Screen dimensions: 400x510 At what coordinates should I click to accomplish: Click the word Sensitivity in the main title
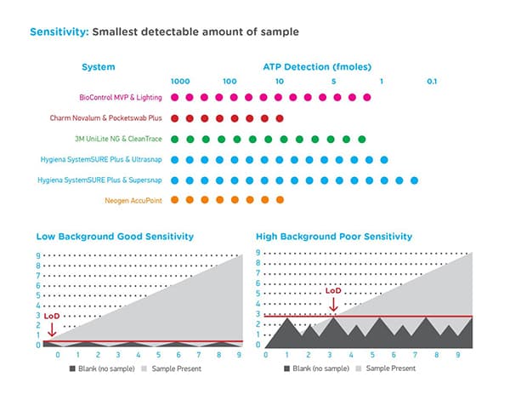58,32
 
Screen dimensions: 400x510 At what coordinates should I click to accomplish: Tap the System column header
99,66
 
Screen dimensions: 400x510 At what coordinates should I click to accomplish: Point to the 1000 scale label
179,81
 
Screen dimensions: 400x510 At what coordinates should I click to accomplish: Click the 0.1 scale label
431,81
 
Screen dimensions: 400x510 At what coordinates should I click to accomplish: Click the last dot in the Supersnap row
414,180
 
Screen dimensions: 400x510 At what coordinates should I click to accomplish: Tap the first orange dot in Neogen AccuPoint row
175,200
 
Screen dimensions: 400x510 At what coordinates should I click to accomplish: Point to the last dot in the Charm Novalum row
280,118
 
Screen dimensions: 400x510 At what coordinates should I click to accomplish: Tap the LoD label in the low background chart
51,315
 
